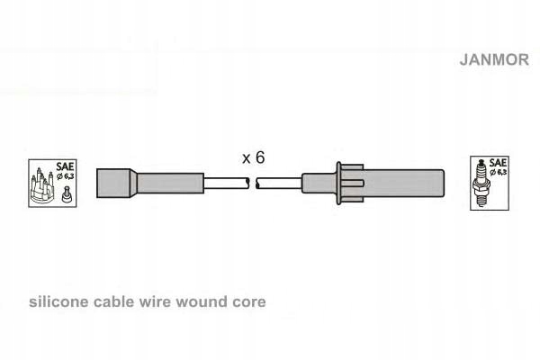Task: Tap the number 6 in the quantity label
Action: pyautogui.click(x=259, y=157)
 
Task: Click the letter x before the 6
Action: pyautogui.click(x=246, y=158)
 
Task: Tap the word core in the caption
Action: pyautogui.click(x=249, y=302)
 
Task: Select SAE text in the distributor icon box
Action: pyautogui.click(x=64, y=166)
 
